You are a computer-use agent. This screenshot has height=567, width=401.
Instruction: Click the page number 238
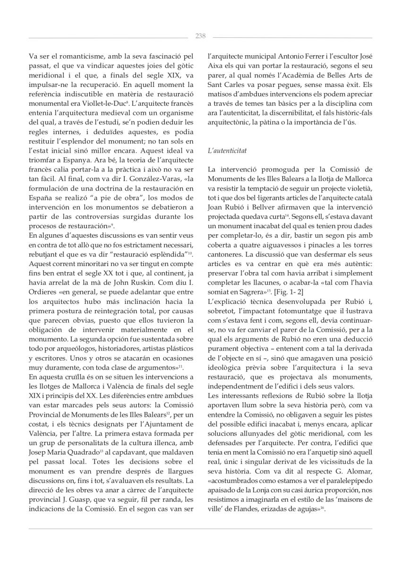click(x=200, y=36)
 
